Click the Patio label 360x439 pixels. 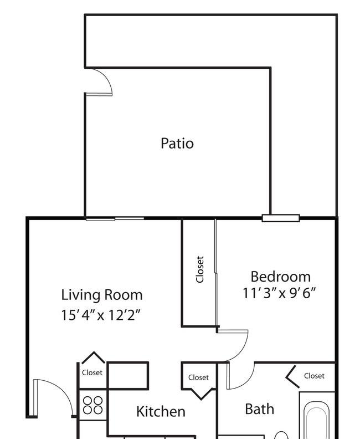pos(177,143)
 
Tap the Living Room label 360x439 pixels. pos(102,295)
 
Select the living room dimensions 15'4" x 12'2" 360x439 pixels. pos(100,315)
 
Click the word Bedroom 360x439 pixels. pos(281,277)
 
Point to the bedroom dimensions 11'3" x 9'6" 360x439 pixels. pos(279,293)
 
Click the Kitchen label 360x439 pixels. pos(161,411)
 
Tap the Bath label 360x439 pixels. pos(260,409)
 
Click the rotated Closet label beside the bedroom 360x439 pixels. pos(200,269)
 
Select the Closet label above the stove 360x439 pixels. pos(92,372)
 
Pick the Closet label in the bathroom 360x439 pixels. pos(315,376)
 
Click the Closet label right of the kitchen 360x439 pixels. pos(199,377)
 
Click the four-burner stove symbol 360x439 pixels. pos(93,405)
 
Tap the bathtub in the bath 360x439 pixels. pos(317,420)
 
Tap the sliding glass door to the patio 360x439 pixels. pos(115,219)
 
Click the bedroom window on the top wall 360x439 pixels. pos(281,218)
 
